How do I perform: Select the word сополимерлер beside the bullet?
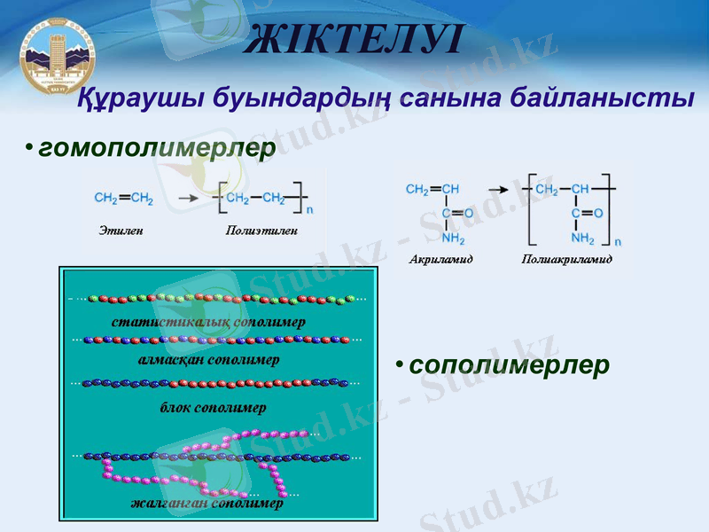510,364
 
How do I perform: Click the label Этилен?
121,231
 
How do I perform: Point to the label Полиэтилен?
261,231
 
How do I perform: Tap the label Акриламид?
441,260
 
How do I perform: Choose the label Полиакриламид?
567,260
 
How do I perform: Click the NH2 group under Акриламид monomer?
453,239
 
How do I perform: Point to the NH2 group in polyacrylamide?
582,239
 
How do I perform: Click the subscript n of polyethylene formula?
309,211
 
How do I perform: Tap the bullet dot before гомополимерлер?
29,146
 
